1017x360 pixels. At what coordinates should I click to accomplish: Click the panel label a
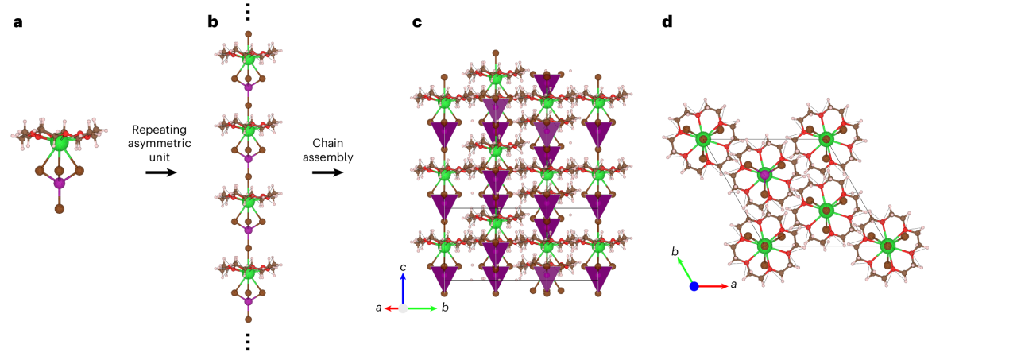tap(18, 22)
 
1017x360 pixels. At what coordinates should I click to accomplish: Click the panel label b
tap(213, 22)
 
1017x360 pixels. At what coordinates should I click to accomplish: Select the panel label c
tap(416, 22)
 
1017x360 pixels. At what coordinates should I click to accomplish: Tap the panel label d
tap(667, 22)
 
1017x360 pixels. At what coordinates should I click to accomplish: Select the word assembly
tap(332, 157)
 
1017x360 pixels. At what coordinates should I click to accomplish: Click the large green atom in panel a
tap(59, 143)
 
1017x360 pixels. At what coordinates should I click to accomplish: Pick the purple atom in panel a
tap(59, 183)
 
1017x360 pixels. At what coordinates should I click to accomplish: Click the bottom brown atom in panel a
tap(59, 209)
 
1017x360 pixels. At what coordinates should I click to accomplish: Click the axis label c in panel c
tap(404, 266)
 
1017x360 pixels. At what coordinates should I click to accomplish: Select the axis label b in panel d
tap(675, 252)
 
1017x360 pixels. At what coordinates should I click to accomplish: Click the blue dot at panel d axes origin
tap(694, 286)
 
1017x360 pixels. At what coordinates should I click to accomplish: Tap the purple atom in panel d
tap(764, 174)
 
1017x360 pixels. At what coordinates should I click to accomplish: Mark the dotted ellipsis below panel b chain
tap(248, 341)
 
